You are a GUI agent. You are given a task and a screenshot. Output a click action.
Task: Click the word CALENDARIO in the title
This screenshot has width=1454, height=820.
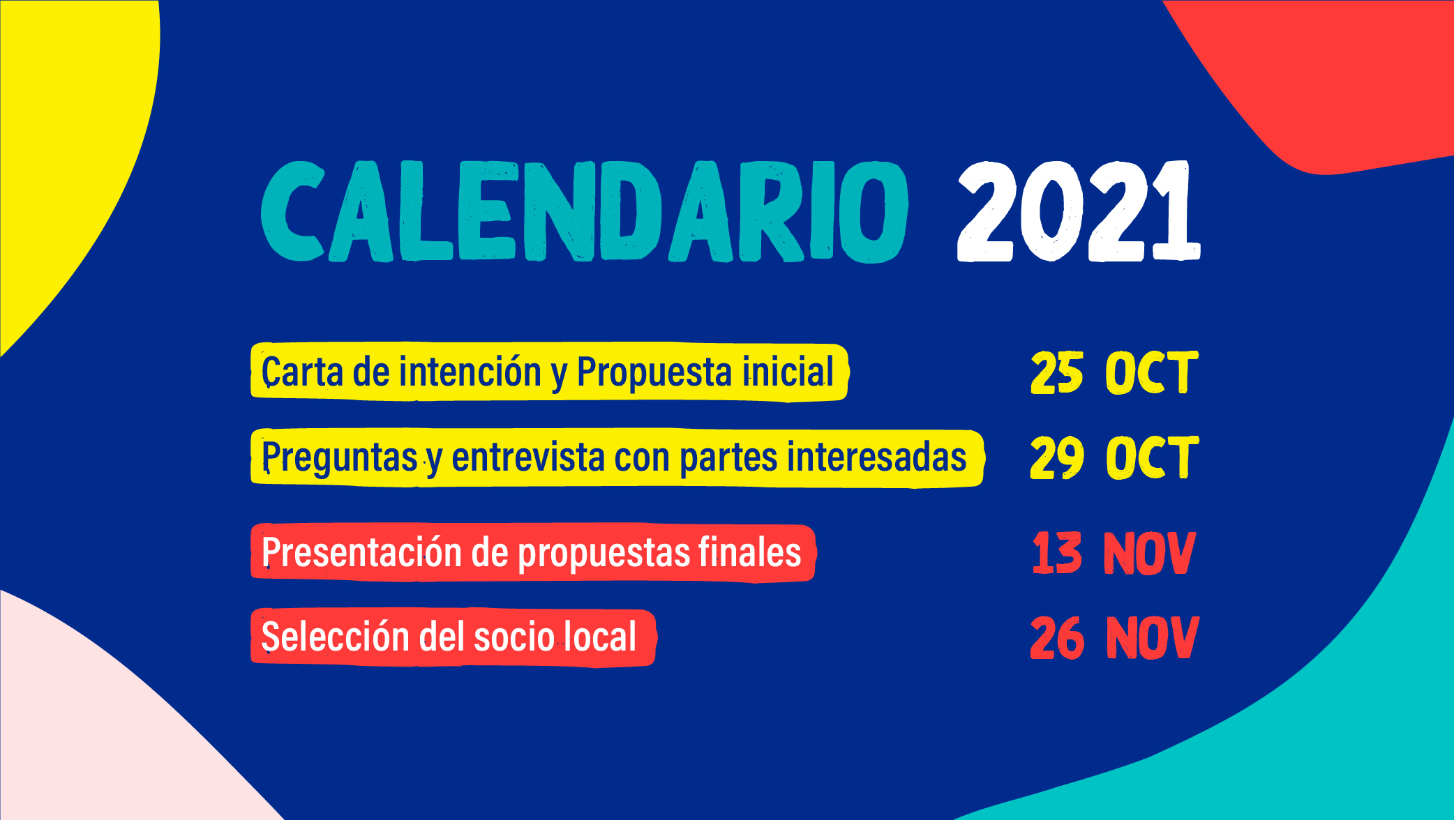click(585, 212)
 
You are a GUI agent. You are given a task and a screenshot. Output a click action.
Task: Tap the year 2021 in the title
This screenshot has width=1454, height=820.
click(1079, 211)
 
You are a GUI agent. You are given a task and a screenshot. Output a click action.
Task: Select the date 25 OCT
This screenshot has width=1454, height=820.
click(1114, 373)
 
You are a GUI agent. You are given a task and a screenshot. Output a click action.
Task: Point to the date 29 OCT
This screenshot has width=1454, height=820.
click(1114, 457)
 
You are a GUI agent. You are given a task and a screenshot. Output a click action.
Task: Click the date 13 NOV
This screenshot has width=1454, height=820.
click(1114, 554)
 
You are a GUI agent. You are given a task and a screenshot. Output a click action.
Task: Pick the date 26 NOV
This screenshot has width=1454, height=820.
click(1114, 637)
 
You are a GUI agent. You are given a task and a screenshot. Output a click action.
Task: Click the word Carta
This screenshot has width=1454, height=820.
click(302, 372)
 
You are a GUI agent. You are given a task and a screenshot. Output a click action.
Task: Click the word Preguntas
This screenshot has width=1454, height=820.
click(339, 458)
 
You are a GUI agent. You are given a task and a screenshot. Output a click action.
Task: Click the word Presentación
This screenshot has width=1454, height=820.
click(361, 552)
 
